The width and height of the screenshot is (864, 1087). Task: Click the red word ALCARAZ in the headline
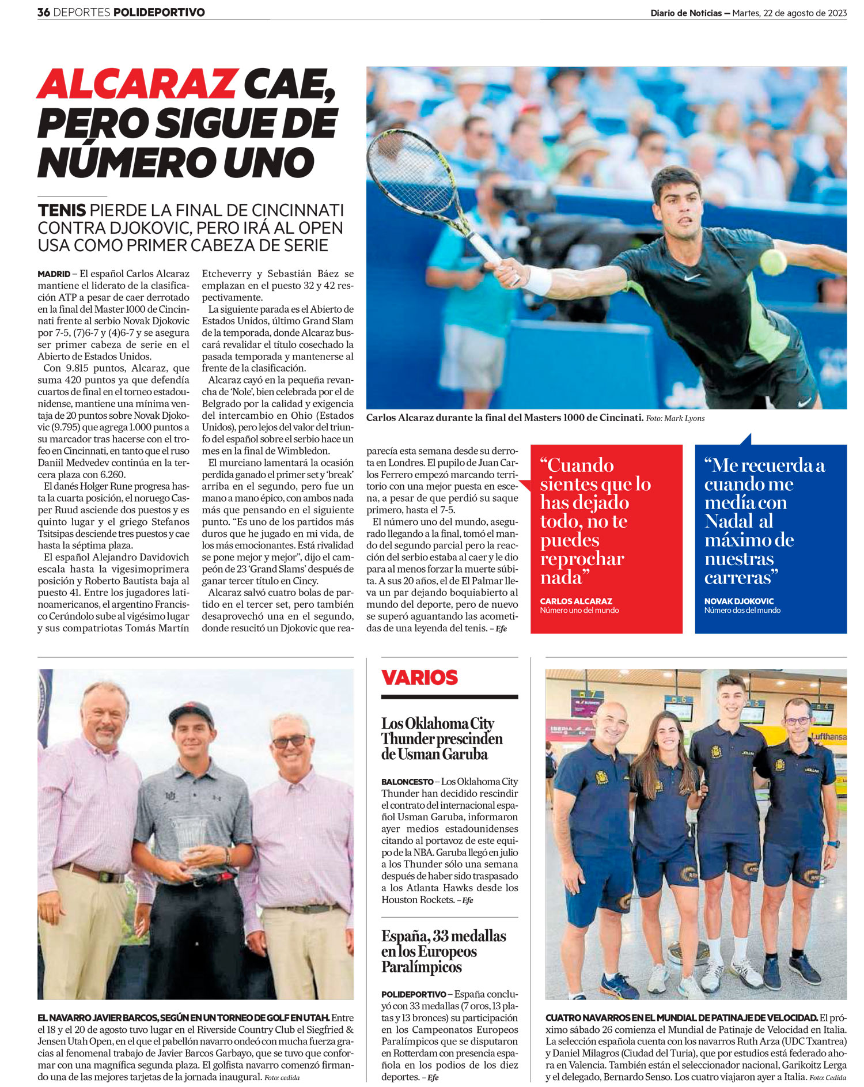click(137, 85)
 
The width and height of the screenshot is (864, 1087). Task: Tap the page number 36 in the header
click(44, 12)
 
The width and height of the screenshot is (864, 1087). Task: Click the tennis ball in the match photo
click(772, 261)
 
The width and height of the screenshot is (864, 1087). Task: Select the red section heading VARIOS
click(419, 677)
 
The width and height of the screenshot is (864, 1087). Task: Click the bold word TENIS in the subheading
click(62, 210)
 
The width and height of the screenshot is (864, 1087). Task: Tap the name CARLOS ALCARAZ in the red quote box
click(575, 601)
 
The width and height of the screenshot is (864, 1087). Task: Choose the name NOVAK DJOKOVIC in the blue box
click(738, 601)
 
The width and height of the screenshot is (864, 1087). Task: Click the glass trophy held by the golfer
click(188, 838)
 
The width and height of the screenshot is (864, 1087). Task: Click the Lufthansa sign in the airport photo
click(828, 736)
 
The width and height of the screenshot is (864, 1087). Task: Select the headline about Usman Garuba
click(441, 738)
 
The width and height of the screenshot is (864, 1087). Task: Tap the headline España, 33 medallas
click(443, 951)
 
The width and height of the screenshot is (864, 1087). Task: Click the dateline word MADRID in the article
click(54, 274)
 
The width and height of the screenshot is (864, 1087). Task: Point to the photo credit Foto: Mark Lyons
click(675, 418)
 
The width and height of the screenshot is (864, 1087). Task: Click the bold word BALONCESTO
click(407, 782)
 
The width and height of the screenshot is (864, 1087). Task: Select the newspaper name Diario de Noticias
click(685, 13)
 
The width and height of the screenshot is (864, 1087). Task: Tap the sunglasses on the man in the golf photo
click(289, 741)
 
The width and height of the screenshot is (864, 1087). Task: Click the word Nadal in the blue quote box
click(730, 521)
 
